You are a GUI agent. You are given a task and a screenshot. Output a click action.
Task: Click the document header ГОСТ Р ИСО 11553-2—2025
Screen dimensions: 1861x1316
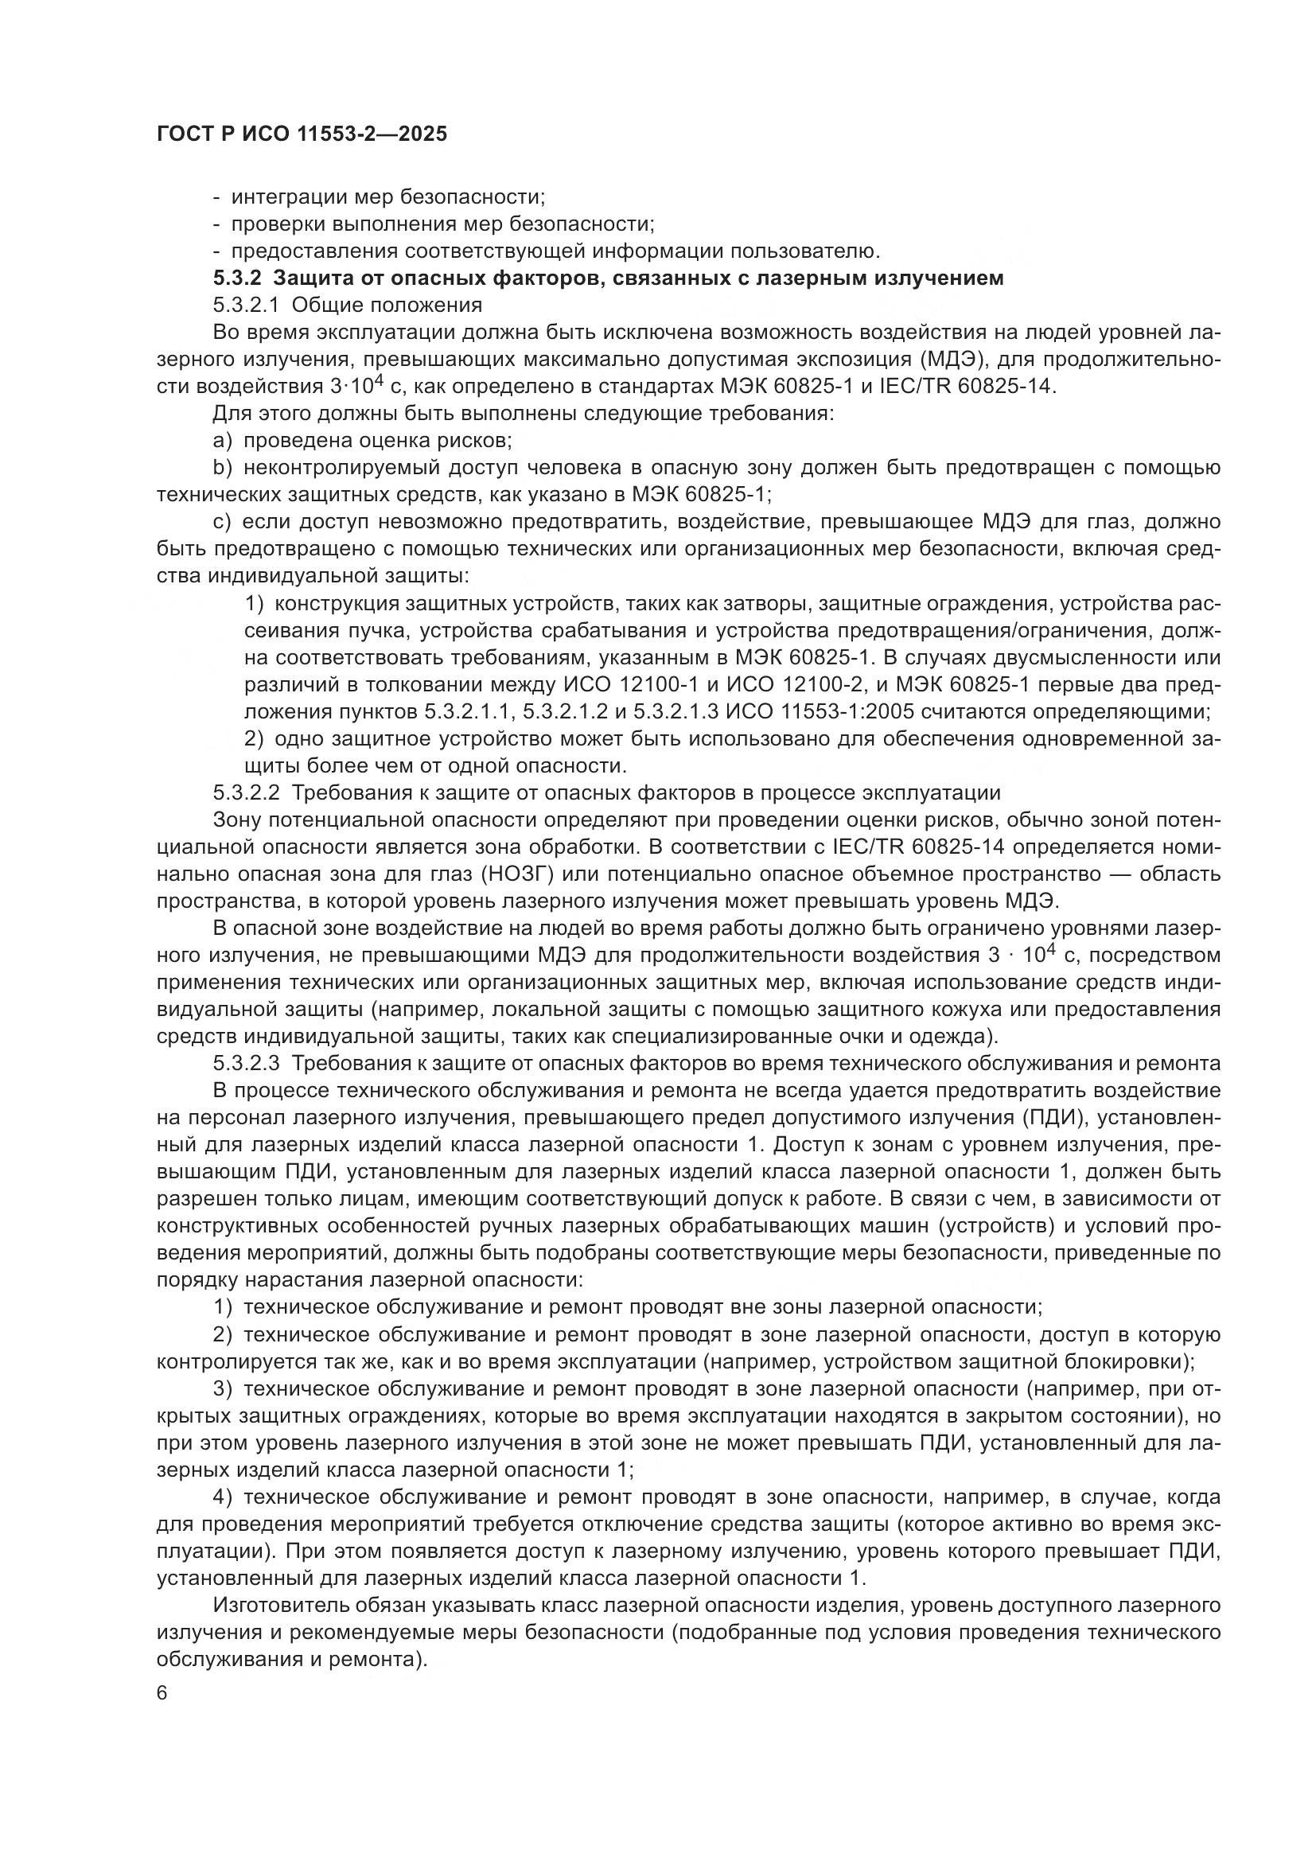[301, 134]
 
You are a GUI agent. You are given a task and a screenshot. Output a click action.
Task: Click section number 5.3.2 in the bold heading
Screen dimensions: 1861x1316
[237, 278]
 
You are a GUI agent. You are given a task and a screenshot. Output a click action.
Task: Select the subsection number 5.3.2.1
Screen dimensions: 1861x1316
[246, 305]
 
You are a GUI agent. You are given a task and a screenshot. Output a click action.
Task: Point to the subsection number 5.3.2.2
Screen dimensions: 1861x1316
[247, 792]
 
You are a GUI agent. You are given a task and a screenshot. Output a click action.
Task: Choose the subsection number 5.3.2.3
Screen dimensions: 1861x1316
[247, 1063]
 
